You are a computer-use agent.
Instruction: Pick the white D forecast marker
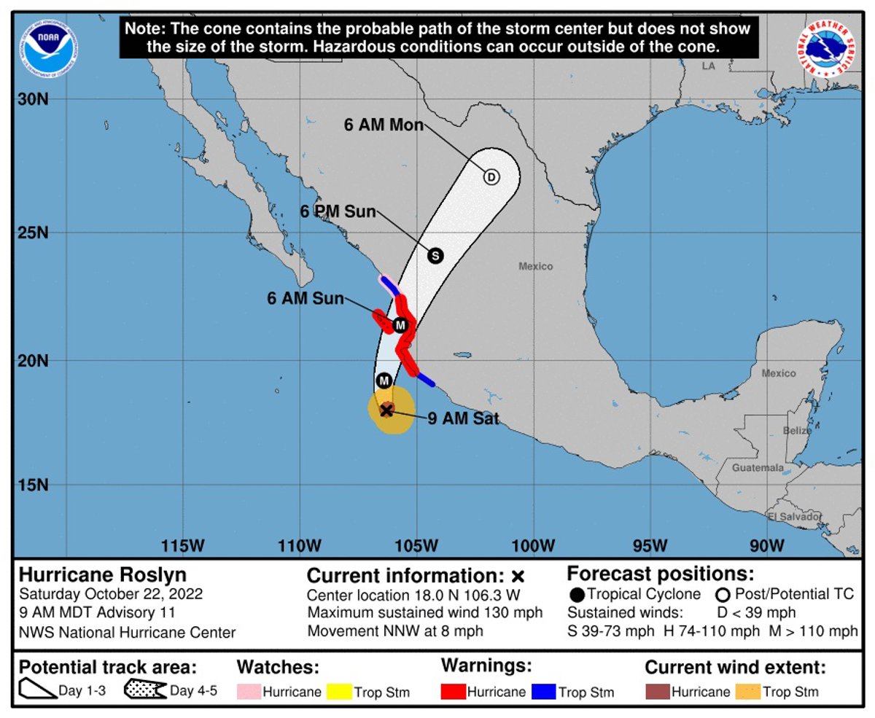[x=491, y=177]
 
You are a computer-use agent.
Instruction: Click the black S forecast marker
[x=435, y=256]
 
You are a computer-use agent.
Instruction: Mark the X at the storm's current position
[x=386, y=410]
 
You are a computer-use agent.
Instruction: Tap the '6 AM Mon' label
[x=384, y=125]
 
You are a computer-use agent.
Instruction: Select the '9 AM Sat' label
[x=462, y=418]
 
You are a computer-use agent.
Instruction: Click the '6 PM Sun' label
[x=338, y=212]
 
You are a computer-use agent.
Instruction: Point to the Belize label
[x=797, y=431]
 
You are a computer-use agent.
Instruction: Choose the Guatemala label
[x=758, y=467]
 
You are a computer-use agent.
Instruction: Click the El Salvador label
[x=795, y=517]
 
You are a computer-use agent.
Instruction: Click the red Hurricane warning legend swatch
[x=453, y=691]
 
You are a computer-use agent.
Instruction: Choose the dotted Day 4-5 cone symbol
[x=145, y=690]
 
